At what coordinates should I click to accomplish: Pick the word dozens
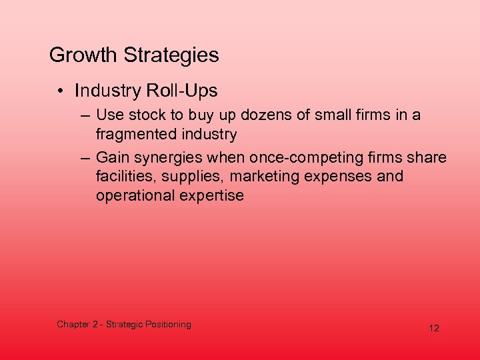[256, 115]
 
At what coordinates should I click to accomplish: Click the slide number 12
[434, 328]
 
